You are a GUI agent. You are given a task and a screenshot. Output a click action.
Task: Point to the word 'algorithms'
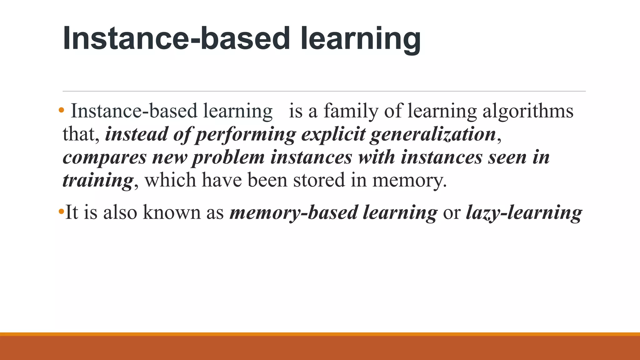pyautogui.click(x=528, y=111)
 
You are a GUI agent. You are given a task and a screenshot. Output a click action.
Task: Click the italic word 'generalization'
pyautogui.click(x=433, y=134)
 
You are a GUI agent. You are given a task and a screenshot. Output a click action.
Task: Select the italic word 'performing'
pyautogui.click(x=245, y=134)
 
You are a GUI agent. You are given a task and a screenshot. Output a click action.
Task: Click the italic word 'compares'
pyautogui.click(x=104, y=157)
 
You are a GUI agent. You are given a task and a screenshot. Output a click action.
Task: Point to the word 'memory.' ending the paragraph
pyautogui.click(x=409, y=180)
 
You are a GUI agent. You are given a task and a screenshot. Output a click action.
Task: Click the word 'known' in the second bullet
pyautogui.click(x=172, y=212)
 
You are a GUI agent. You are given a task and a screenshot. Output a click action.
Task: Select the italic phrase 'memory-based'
pyautogui.click(x=293, y=212)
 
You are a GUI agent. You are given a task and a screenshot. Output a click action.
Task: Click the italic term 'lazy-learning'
pyautogui.click(x=524, y=212)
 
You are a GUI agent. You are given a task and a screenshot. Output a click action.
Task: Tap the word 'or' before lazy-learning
pyautogui.click(x=452, y=212)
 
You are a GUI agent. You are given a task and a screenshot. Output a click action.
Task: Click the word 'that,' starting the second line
pyautogui.click(x=81, y=134)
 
